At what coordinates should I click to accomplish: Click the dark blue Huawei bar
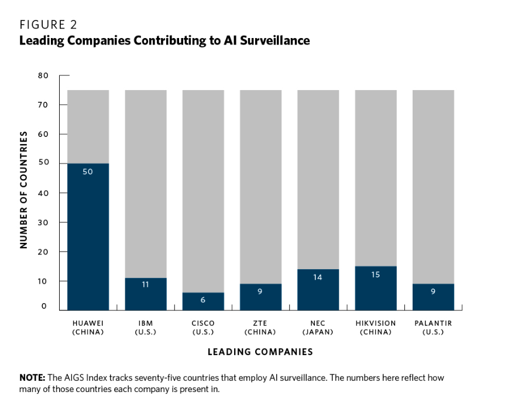pyautogui.click(x=88, y=236)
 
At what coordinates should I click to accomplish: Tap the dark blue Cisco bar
pyautogui.click(x=203, y=301)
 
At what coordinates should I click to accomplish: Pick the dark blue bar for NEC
pyautogui.click(x=318, y=290)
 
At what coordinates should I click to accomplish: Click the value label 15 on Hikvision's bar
pyautogui.click(x=376, y=274)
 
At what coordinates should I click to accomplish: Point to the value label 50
pyautogui.click(x=88, y=172)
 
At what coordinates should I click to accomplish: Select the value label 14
pyautogui.click(x=318, y=277)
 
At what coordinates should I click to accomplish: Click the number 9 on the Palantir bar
pyautogui.click(x=433, y=291)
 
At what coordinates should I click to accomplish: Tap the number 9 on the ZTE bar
pyautogui.click(x=261, y=291)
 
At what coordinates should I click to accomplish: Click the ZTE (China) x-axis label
pyautogui.click(x=261, y=328)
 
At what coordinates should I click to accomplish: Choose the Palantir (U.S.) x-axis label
pyautogui.click(x=433, y=328)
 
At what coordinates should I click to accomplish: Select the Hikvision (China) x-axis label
pyautogui.click(x=376, y=328)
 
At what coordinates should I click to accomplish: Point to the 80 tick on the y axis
pyautogui.click(x=44, y=75)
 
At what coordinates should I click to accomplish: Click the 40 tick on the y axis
pyautogui.click(x=44, y=193)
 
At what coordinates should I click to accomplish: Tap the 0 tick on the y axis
pyautogui.click(x=44, y=307)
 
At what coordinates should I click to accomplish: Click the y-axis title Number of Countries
pyautogui.click(x=24, y=190)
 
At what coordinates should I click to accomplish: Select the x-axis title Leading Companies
pyautogui.click(x=260, y=352)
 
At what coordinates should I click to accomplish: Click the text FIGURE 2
pyautogui.click(x=49, y=25)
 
